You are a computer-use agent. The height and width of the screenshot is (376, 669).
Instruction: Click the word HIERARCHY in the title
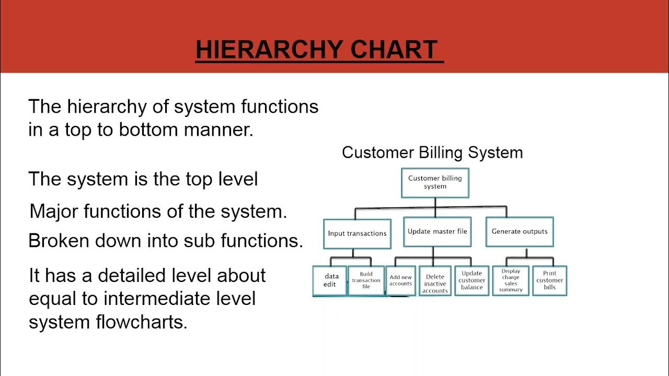[269, 50]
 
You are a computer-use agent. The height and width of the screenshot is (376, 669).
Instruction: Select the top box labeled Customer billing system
[435, 182]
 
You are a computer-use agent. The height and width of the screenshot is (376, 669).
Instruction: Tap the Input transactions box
[357, 233]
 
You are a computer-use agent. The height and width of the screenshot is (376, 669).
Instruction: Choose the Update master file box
[437, 231]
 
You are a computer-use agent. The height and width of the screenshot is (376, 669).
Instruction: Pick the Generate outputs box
[520, 231]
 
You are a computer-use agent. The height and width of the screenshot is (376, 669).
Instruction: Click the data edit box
[330, 280]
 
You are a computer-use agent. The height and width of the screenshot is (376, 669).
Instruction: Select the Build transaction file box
[366, 280]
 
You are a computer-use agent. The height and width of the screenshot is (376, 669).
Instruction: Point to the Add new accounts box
[400, 280]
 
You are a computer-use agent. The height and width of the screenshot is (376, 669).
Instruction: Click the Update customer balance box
[472, 280]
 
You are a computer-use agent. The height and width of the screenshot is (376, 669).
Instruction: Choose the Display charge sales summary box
[511, 280]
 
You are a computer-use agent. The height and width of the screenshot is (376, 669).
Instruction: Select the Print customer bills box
[549, 280]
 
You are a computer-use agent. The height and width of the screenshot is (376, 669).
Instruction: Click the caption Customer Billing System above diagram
[432, 152]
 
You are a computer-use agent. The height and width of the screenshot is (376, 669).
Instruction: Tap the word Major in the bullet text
[54, 211]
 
